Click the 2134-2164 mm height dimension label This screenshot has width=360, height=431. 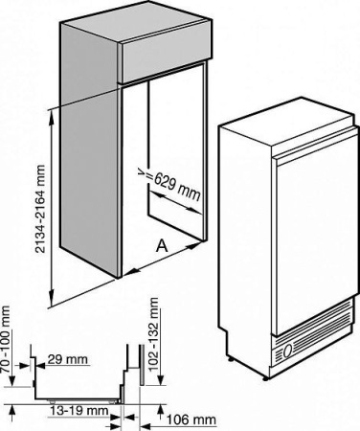[40, 209]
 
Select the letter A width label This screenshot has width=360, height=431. [162, 246]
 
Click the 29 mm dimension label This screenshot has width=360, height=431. [67, 359]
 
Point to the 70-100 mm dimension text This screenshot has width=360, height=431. [6, 339]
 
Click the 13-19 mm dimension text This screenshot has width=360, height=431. [79, 411]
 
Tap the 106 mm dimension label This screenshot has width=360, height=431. [191, 420]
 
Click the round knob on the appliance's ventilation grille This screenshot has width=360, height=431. [287, 352]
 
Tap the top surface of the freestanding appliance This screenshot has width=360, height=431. [287, 123]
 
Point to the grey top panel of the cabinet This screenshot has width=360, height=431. [134, 21]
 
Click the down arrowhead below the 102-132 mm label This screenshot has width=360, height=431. [161, 380]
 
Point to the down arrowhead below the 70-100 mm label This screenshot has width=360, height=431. [11, 381]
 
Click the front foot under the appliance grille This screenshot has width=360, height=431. [265, 378]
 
